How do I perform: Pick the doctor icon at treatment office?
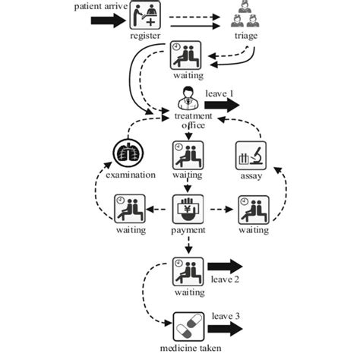pos(186,99)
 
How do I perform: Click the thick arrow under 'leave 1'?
pos(221,105)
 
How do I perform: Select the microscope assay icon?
pos(251,156)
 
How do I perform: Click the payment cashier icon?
pos(187,209)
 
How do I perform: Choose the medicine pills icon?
pos(187,327)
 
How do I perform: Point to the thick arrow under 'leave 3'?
pos(226,330)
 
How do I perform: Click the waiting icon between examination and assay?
pos(187,154)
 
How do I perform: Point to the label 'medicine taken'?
pos(186,350)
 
